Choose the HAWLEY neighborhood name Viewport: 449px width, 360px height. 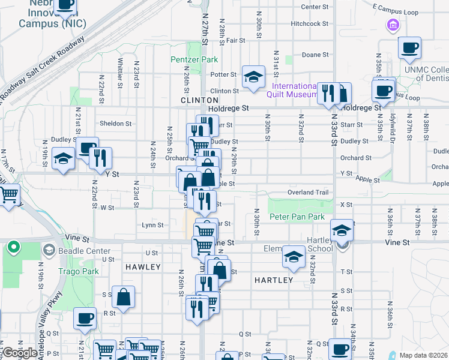point(143,266)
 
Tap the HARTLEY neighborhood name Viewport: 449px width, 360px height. point(273,280)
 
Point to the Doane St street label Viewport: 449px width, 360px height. point(315,55)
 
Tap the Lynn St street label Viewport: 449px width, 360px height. point(152,225)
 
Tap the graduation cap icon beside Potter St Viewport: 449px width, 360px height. point(253,76)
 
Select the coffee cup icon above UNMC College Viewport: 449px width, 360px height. point(409,47)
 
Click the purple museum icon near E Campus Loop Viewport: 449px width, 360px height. point(393,25)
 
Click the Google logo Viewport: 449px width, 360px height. point(19,353)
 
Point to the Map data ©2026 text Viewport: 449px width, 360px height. point(424,355)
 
